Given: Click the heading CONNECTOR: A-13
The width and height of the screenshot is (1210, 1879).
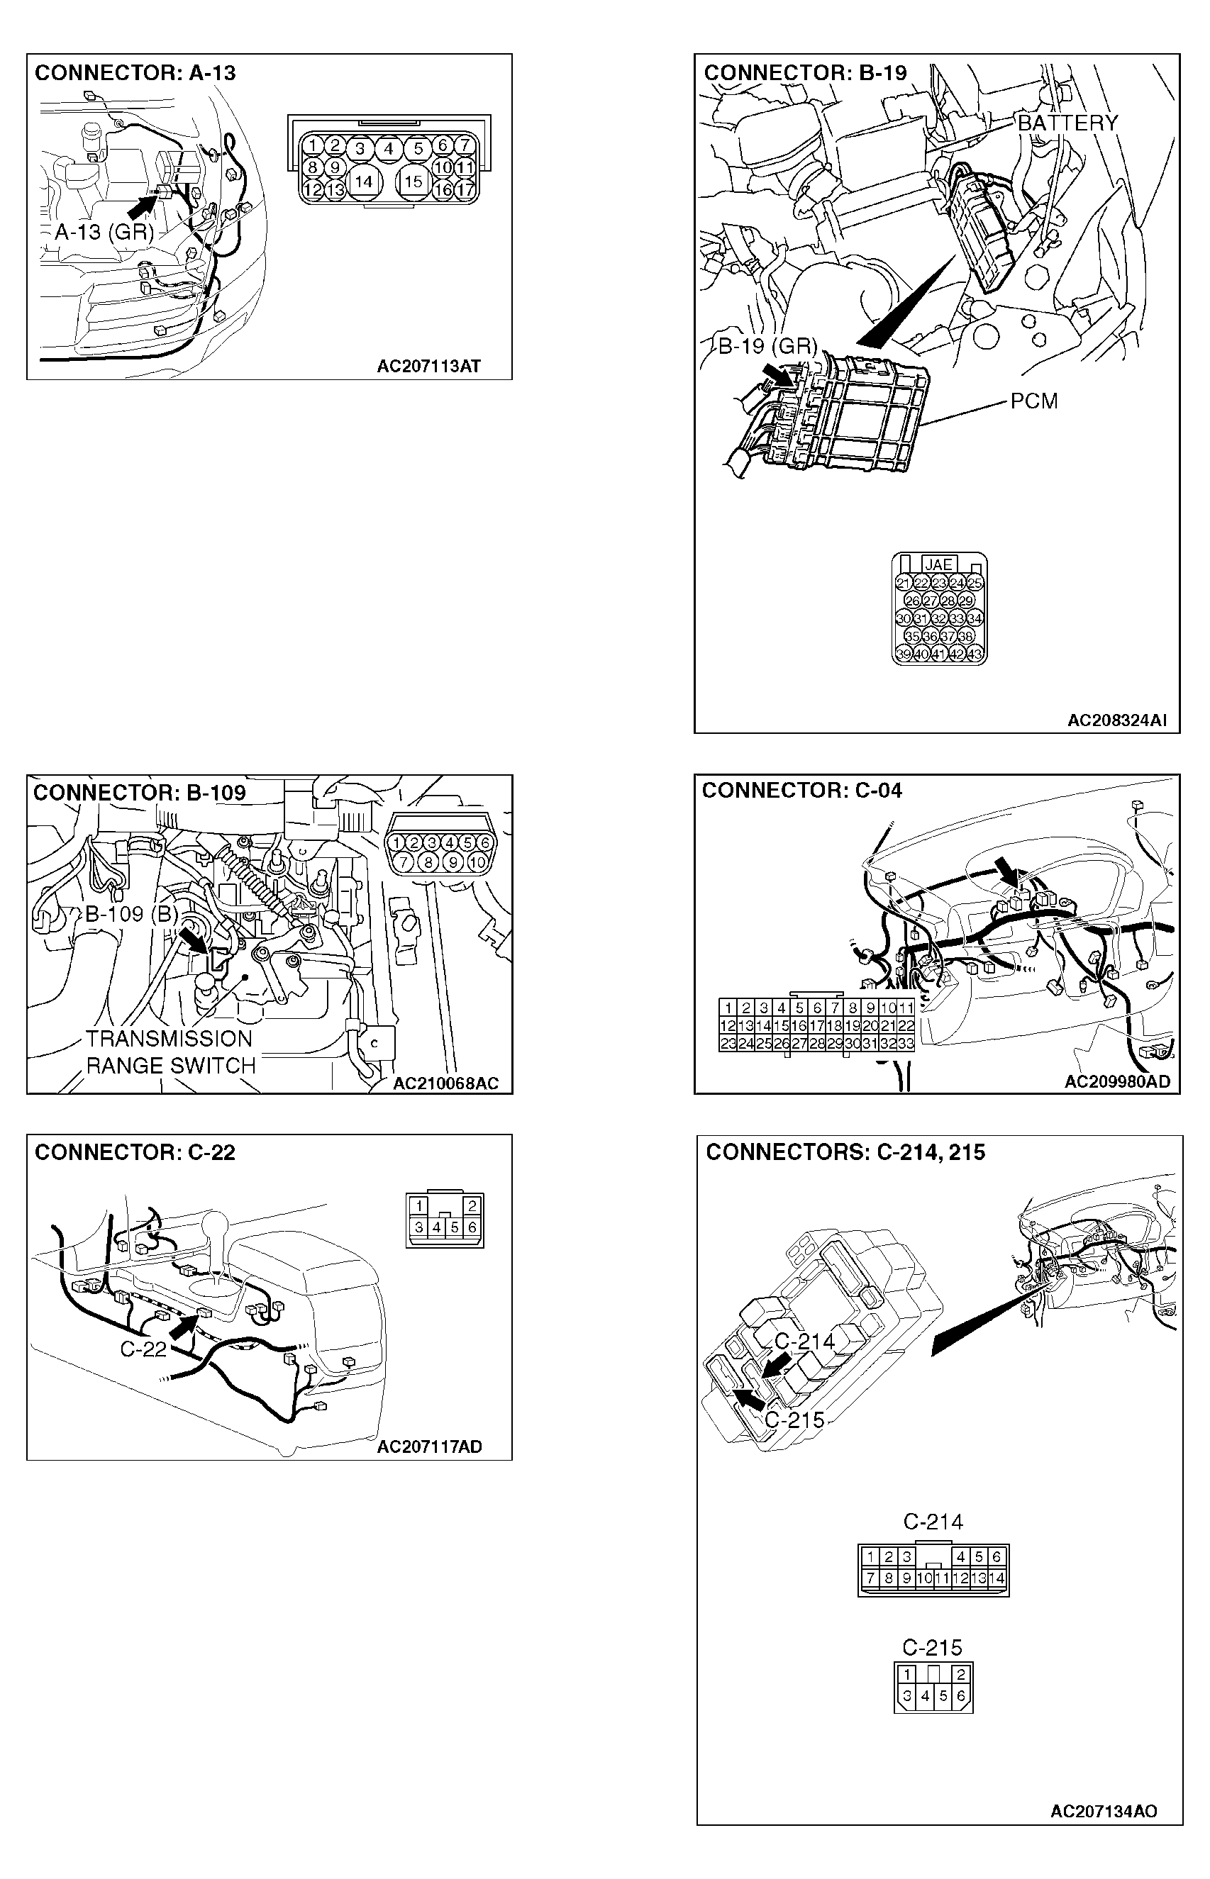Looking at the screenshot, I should [x=135, y=73].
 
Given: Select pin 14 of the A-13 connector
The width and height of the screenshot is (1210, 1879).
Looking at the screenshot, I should [x=363, y=182].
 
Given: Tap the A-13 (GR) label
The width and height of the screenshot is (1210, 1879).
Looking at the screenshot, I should [x=104, y=232].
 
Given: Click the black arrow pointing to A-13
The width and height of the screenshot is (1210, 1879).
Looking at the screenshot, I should [x=143, y=205].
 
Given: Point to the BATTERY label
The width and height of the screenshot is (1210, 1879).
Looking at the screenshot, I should [x=1067, y=123].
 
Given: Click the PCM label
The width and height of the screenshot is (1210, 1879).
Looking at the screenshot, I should [x=1033, y=401].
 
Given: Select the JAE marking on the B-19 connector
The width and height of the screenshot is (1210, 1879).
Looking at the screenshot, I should [x=938, y=564].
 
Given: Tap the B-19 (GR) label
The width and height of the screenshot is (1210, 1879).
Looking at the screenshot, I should [x=767, y=347].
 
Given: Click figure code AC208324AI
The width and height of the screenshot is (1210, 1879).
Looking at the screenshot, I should [x=1116, y=720].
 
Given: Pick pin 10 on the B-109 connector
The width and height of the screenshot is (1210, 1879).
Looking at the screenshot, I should [x=478, y=862].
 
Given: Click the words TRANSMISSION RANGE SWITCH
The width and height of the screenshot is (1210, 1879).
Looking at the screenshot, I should [x=170, y=1052].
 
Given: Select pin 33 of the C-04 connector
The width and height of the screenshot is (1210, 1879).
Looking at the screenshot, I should [x=906, y=1043].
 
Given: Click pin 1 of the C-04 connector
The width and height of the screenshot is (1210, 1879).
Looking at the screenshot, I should [x=728, y=1008].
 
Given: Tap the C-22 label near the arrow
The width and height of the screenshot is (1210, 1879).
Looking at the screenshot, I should [x=143, y=1349].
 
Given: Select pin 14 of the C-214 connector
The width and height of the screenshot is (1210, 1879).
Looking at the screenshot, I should [x=997, y=1578].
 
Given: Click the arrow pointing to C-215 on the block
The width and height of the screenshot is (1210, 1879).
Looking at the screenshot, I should [x=748, y=1393].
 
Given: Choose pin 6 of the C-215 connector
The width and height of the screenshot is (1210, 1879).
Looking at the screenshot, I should [x=960, y=1695].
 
